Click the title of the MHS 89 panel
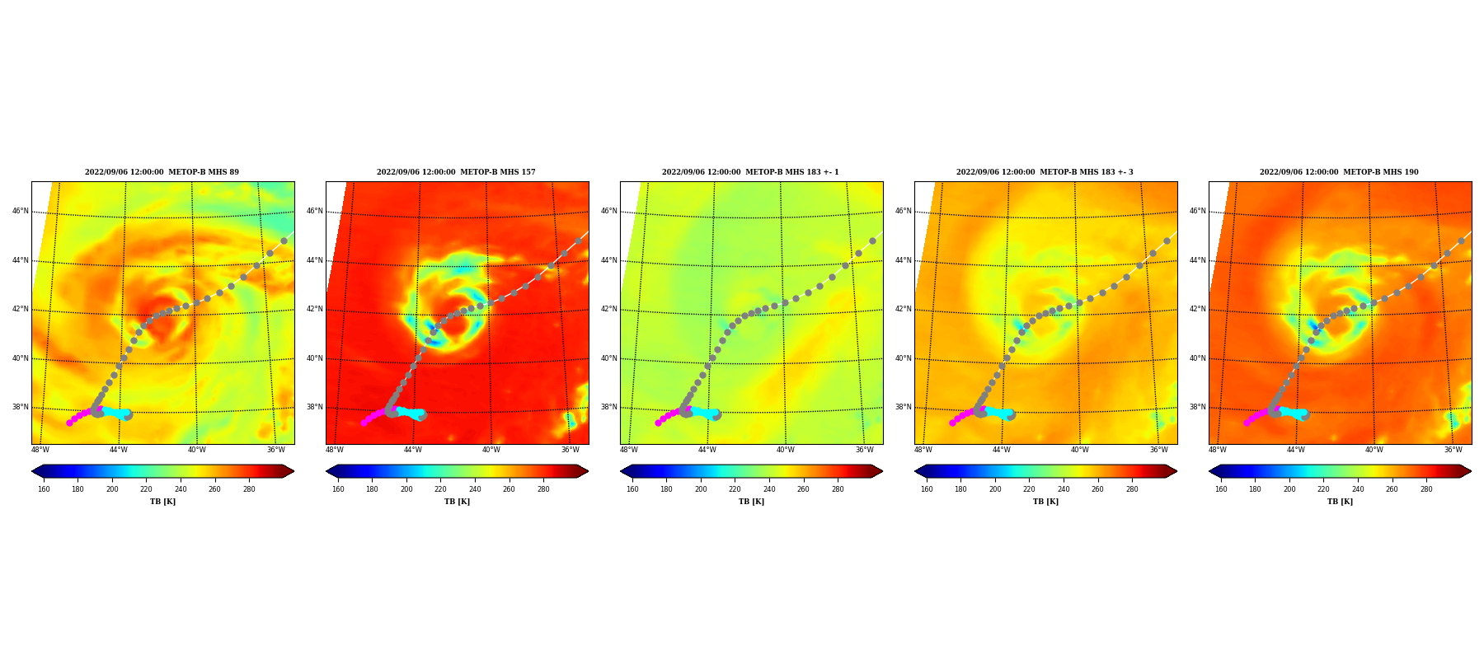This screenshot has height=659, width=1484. click(162, 172)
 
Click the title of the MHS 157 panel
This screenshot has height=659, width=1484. click(456, 172)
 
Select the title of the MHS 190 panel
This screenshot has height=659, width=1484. click(1339, 172)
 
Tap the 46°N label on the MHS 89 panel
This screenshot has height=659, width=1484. click(20, 211)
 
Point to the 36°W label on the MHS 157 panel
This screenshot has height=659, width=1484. click(570, 450)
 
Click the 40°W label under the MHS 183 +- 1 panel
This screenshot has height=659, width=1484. click(785, 450)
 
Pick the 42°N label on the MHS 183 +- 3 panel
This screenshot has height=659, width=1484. click(903, 309)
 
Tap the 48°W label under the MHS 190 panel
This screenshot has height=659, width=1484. click(1217, 450)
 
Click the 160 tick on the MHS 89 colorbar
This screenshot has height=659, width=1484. click(44, 489)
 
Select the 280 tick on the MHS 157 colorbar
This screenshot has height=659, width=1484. click(543, 489)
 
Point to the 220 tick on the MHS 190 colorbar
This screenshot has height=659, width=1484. click(1323, 489)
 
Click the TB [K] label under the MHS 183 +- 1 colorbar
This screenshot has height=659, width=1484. click(751, 502)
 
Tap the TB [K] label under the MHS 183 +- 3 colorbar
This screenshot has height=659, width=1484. click(1045, 502)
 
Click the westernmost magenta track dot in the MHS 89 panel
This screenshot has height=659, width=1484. click(69, 423)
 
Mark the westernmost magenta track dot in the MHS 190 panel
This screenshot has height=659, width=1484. click(1247, 423)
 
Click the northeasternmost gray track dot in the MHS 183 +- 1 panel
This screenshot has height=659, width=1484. click(872, 241)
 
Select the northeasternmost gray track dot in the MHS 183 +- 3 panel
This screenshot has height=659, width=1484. click(1167, 241)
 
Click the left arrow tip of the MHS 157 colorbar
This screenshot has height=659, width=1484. click(326, 471)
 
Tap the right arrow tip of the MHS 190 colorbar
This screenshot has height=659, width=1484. click(1471, 471)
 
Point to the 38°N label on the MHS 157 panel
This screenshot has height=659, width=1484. click(314, 407)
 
